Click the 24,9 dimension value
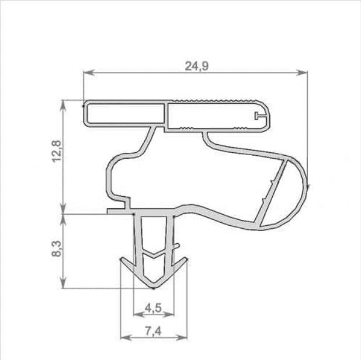click(x=197, y=67)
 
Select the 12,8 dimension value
click(x=57, y=151)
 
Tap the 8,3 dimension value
click(x=57, y=249)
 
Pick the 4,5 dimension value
click(x=154, y=308)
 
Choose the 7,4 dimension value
click(x=154, y=331)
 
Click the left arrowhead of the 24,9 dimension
click(x=89, y=72)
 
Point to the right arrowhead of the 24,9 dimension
click(x=302, y=72)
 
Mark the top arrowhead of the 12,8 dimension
click(x=63, y=106)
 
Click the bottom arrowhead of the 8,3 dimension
click(x=63, y=282)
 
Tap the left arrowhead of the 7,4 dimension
click(x=126, y=337)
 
